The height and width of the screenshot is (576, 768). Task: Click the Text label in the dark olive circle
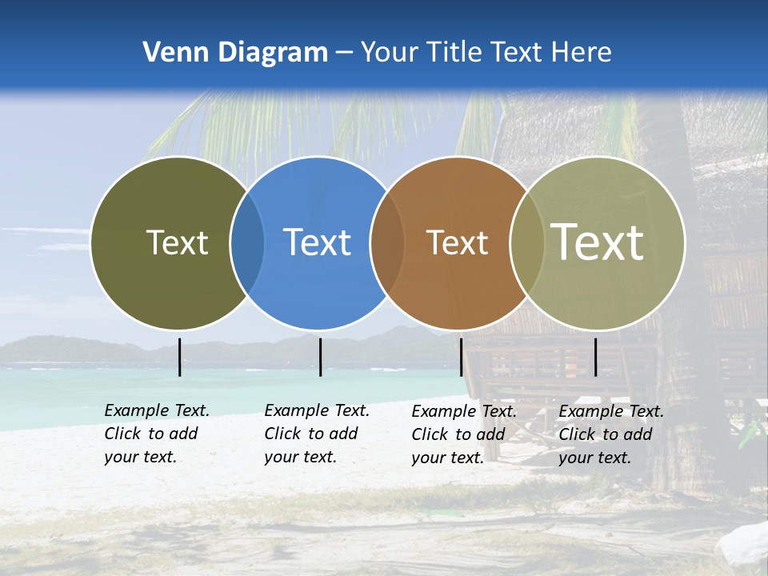(177, 242)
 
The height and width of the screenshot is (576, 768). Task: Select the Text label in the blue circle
(318, 242)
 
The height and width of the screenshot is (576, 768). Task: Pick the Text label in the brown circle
(457, 242)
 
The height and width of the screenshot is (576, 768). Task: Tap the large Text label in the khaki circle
(598, 242)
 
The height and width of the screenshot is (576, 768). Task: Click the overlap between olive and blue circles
(247, 243)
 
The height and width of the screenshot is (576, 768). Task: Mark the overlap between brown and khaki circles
(527, 243)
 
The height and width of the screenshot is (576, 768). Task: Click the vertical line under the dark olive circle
(179, 357)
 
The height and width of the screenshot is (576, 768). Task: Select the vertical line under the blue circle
(320, 357)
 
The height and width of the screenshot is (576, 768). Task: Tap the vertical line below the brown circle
(461, 357)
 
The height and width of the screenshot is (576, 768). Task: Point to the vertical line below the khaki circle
(595, 357)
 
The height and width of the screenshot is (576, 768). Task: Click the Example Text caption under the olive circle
(157, 434)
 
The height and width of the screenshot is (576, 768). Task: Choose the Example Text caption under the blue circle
(317, 434)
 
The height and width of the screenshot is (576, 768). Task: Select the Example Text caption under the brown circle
(464, 434)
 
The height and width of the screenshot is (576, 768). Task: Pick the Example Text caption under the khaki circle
(611, 434)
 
